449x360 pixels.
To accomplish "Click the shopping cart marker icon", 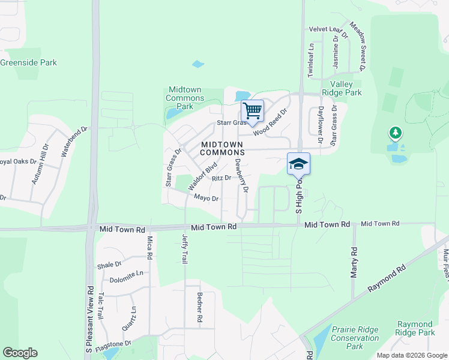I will [253, 110].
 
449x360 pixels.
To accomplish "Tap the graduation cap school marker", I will [298, 163].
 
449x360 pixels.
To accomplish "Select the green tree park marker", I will [394, 133].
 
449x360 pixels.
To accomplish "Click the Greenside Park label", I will [28, 62].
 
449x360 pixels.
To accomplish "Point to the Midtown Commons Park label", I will [184, 98].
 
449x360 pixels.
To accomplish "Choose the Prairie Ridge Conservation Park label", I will [355, 338].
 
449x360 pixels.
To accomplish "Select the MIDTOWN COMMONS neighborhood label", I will [222, 148].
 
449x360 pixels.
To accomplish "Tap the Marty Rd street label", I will [354, 263].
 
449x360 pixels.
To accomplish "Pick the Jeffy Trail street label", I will [185, 249].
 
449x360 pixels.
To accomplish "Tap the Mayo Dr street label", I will [206, 198].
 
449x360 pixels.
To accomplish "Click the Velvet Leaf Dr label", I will [328, 29].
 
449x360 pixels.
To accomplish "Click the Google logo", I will [20, 353].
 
